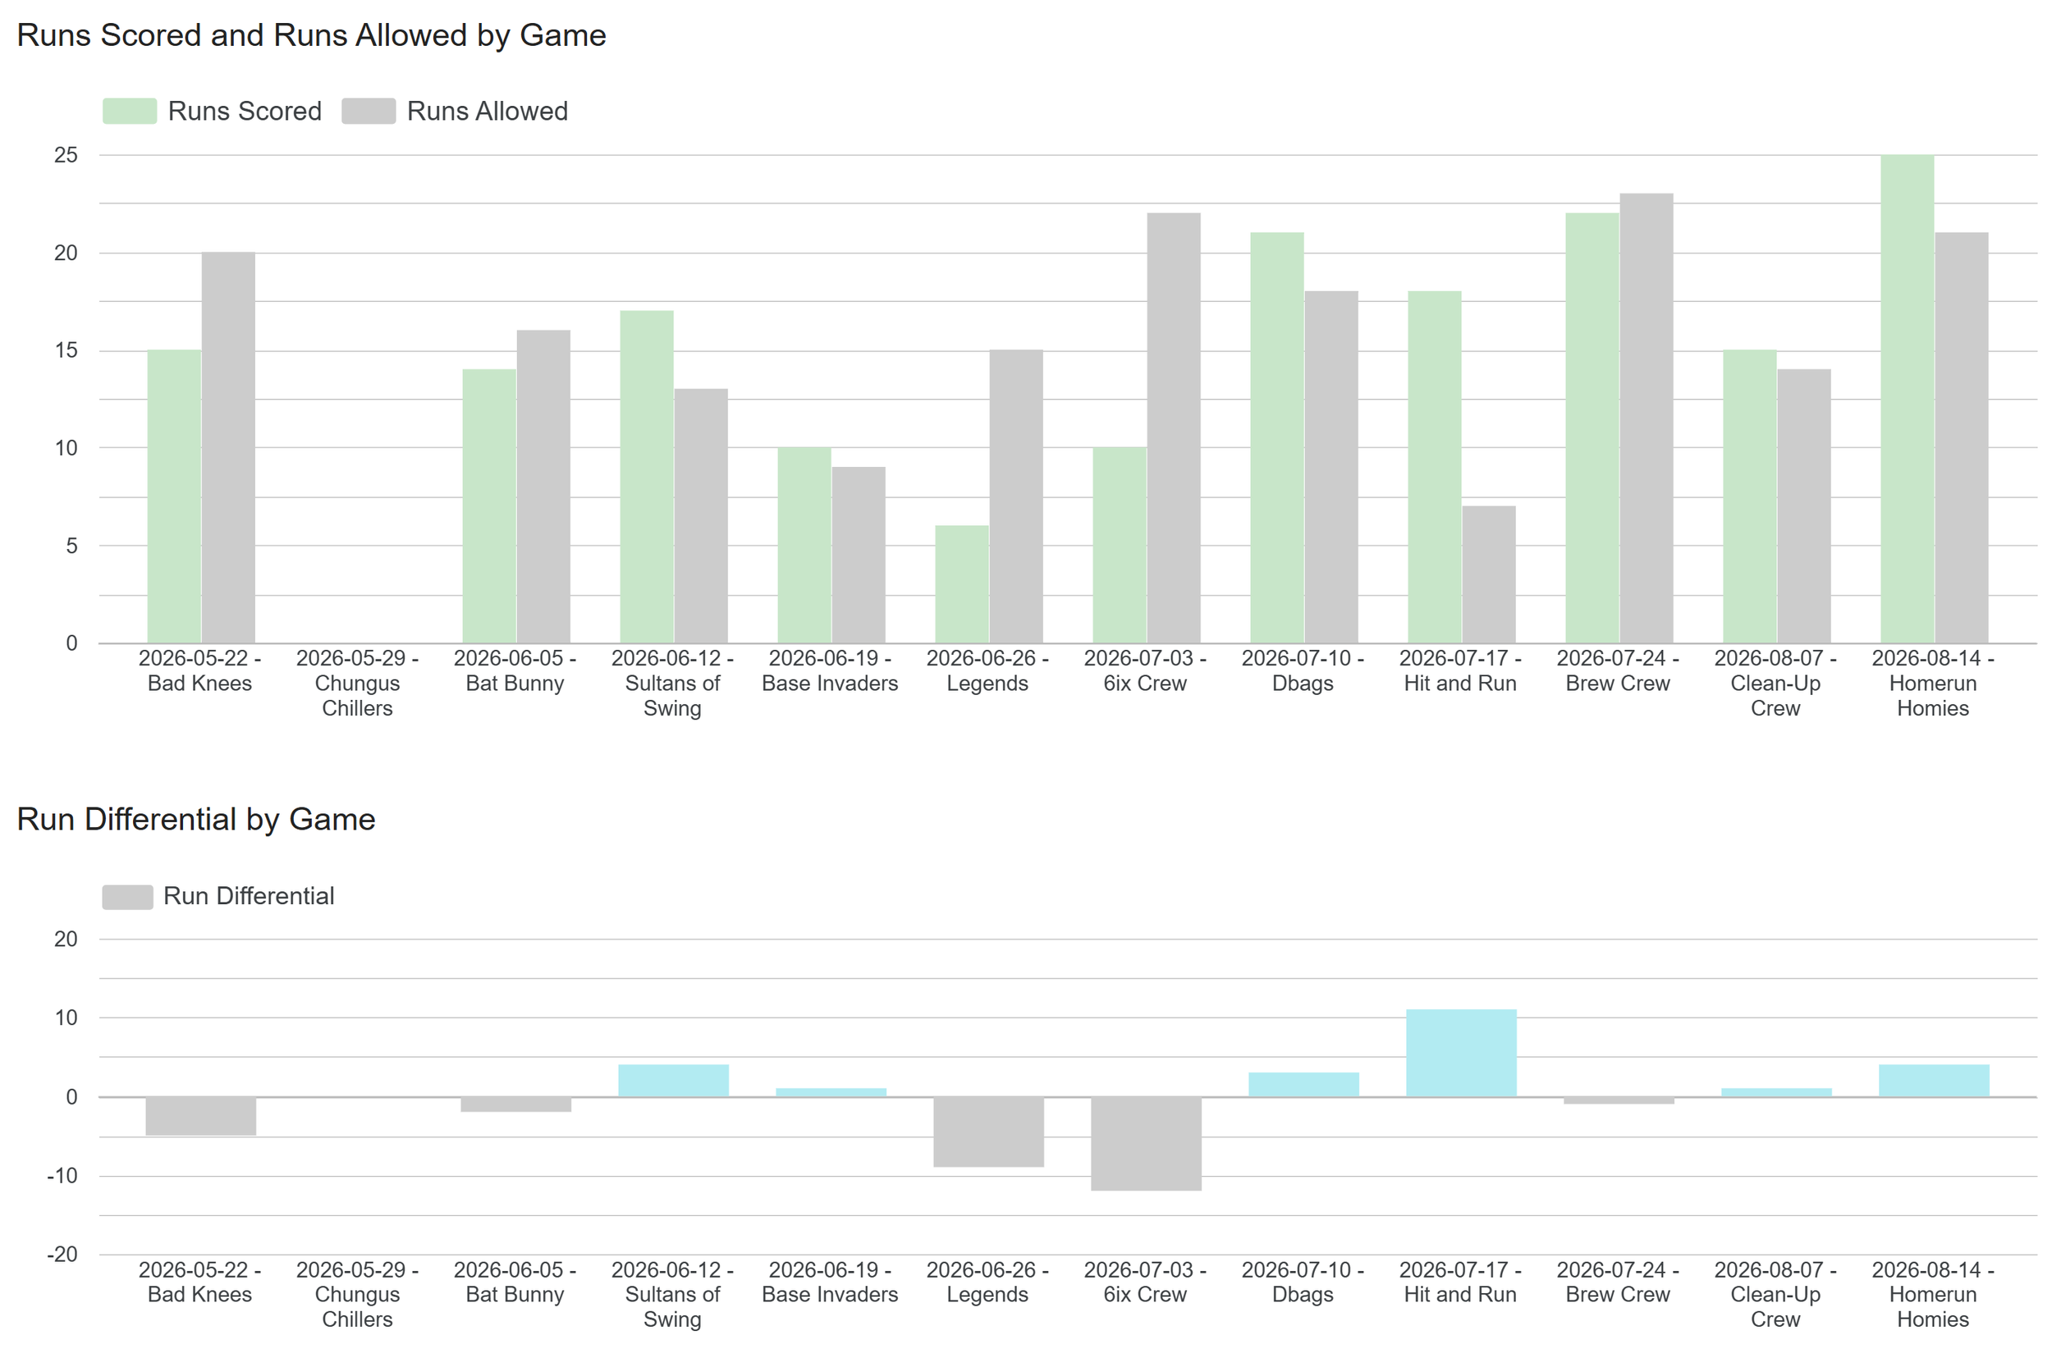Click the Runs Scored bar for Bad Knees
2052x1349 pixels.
click(x=174, y=496)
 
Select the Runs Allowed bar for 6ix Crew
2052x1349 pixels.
click(x=1174, y=428)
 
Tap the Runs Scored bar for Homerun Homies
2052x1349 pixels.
click(x=1908, y=399)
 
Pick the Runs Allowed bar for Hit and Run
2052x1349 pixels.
click(x=1489, y=574)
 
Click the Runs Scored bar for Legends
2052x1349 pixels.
click(x=962, y=584)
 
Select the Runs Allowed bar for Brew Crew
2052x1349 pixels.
click(x=1647, y=418)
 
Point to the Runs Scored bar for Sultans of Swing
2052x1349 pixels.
click(x=647, y=477)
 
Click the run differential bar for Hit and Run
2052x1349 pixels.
click(x=1461, y=1054)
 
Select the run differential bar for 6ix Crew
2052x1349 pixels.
click(x=1146, y=1144)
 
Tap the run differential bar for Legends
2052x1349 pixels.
click(x=989, y=1132)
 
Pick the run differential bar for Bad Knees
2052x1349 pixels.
click(x=201, y=1116)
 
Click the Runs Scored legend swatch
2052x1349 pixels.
click(x=130, y=112)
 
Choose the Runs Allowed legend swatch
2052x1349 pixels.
click(x=369, y=112)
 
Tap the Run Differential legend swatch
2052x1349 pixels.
click(x=127, y=896)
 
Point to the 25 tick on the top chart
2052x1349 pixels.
click(x=66, y=155)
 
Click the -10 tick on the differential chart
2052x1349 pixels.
click(x=62, y=1176)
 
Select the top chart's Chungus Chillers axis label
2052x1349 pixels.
click(x=357, y=684)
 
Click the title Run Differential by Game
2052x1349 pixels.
click(x=195, y=819)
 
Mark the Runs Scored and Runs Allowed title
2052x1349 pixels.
click(x=311, y=35)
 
